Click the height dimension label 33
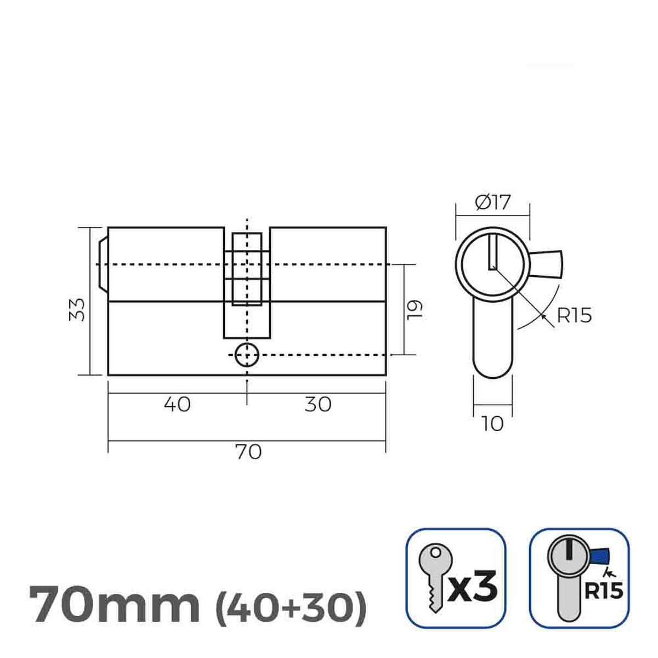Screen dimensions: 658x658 79,310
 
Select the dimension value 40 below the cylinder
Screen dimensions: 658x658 177,405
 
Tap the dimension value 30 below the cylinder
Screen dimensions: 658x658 318,405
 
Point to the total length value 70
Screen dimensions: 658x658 248,452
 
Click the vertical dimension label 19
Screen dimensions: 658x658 416,309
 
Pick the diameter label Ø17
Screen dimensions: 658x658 492,203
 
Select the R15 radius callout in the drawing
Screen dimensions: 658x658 574,316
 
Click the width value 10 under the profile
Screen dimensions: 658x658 492,424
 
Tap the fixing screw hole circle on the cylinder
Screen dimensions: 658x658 247,355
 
